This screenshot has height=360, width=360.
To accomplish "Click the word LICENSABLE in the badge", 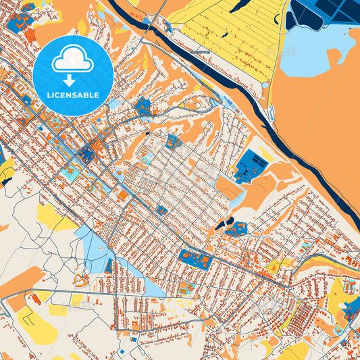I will [72, 95].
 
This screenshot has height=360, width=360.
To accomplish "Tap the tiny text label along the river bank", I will [200, 52].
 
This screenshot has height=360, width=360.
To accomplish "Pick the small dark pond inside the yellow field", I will [239, 6].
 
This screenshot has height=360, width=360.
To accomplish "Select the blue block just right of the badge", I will [143, 105].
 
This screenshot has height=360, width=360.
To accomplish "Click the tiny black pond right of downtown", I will [147, 132].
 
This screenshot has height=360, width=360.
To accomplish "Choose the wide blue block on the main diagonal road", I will [194, 258].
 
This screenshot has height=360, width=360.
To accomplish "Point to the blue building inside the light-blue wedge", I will [108, 265].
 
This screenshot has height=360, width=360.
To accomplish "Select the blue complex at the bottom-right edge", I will [351, 311].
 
